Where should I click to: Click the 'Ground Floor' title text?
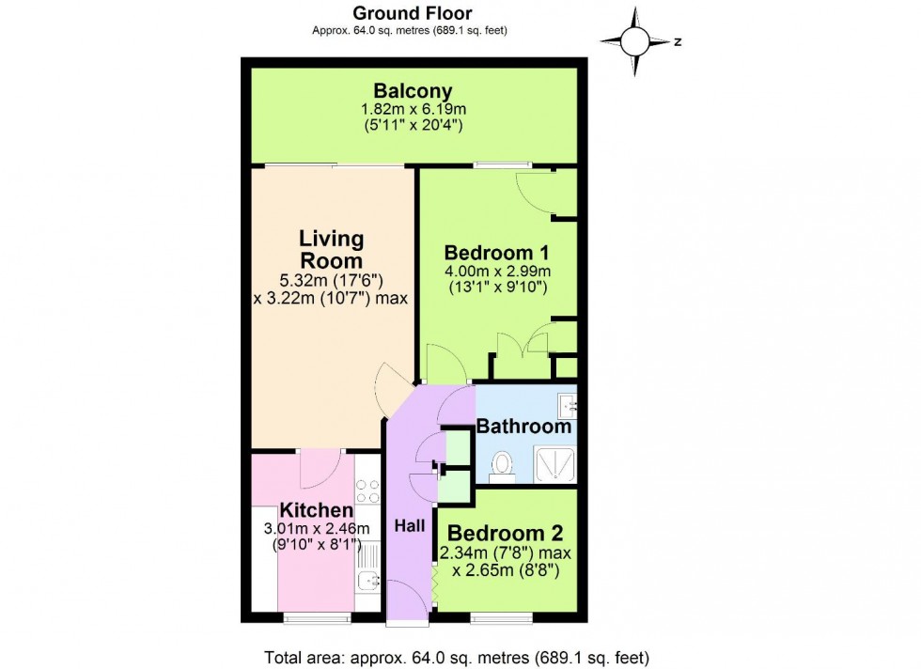pos(412,13)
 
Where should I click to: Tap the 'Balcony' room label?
pos(413,91)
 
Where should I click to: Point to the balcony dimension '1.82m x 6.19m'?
pos(413,109)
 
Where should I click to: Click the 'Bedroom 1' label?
pos(496,253)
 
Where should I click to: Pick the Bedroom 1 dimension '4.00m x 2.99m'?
pos(496,271)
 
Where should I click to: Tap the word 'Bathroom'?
pos(523,426)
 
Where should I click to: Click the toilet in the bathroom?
pos(502,464)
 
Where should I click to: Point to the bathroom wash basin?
pos(566,405)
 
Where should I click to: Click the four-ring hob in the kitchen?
pos(367,490)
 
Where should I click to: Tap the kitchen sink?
pos(367,581)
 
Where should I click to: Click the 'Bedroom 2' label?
pos(496,534)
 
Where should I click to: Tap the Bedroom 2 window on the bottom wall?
pos(500,617)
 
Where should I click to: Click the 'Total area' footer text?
pos(455,657)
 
